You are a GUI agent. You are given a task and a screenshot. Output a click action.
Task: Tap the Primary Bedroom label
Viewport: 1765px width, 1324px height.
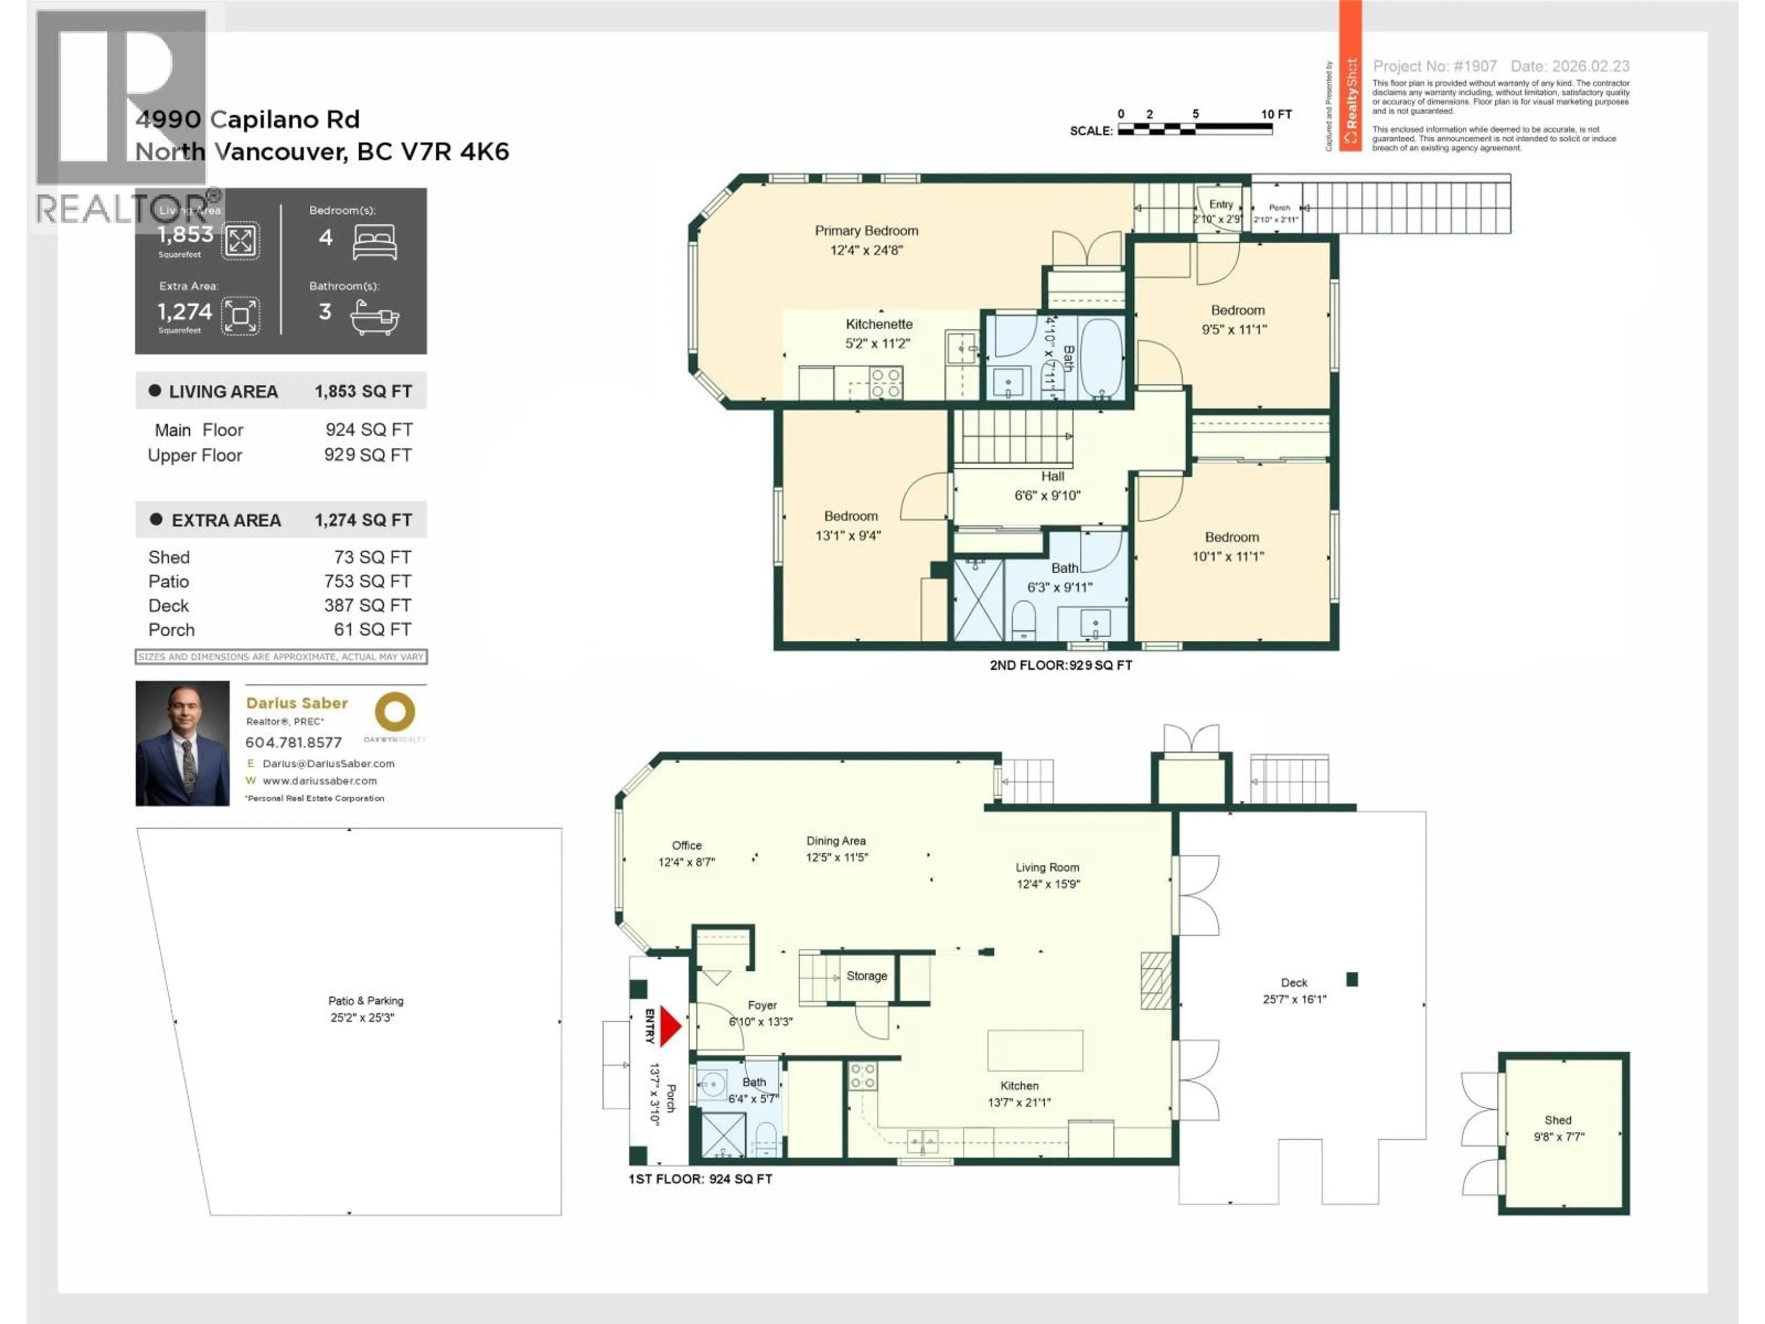866,231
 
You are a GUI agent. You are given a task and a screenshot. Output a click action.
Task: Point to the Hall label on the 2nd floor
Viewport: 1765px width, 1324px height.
1052,476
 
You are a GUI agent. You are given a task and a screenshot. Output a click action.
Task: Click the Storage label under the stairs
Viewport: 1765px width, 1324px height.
866,975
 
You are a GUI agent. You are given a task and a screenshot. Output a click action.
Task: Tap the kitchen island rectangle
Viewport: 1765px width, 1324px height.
1035,1050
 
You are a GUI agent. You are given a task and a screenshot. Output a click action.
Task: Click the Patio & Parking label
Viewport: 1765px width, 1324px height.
365,1001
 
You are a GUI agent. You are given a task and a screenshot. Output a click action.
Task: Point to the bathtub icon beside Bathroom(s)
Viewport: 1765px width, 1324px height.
374,318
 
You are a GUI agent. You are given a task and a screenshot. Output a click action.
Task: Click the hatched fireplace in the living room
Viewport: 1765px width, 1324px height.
1155,980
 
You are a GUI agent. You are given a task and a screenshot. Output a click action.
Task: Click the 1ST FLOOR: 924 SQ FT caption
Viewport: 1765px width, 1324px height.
700,1179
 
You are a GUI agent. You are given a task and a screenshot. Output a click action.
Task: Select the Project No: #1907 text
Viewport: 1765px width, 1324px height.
1434,66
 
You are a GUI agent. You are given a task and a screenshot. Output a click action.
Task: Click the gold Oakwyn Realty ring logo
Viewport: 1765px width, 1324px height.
395,711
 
